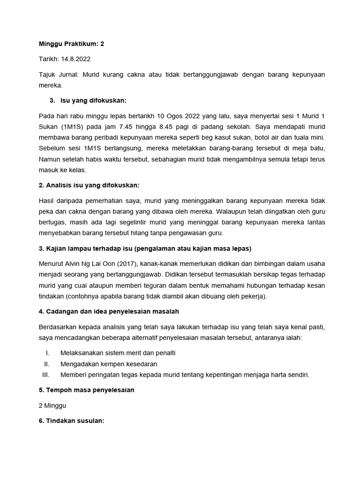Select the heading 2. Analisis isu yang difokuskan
[x=89, y=186]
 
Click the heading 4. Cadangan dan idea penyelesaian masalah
[x=109, y=312]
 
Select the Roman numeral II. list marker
[x=46, y=364]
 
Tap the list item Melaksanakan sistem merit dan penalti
[x=118, y=353]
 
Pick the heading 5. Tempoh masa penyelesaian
[x=87, y=390]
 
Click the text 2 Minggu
[x=52, y=405]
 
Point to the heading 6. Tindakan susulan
[x=71, y=421]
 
